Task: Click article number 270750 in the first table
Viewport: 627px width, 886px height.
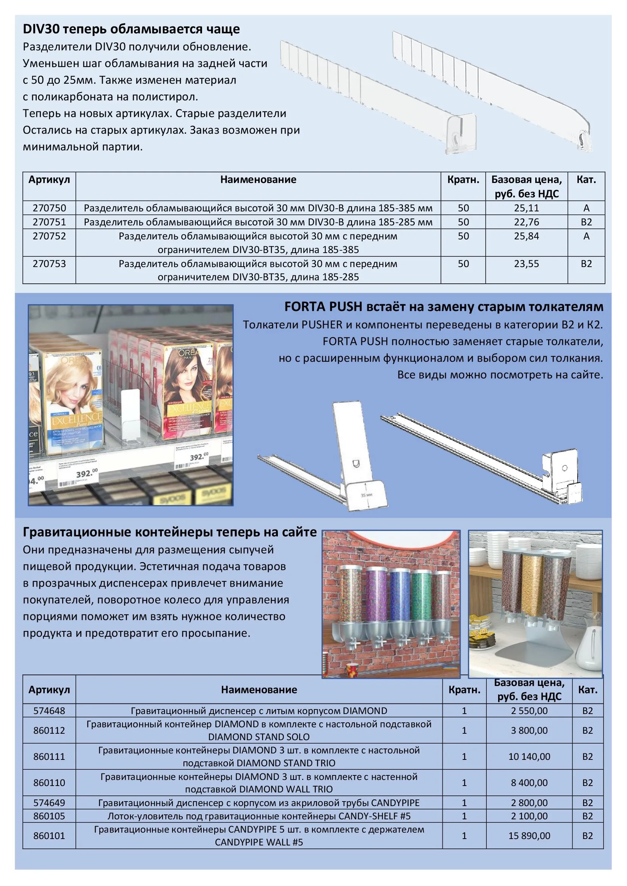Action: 49,208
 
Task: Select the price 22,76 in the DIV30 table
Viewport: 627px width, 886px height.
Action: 526,222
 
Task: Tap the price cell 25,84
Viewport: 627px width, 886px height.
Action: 526,236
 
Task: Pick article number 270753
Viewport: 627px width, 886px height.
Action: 49,264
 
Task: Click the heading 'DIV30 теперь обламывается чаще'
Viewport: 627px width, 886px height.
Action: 131,29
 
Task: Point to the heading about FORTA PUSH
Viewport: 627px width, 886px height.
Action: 444,307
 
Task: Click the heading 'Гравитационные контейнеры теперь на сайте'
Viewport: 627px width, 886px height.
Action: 169,532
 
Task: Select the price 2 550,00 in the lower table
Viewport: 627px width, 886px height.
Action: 529,711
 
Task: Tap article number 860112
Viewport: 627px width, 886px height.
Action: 49,730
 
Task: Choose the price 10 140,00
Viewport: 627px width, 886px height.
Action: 529,757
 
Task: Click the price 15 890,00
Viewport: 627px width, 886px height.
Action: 529,836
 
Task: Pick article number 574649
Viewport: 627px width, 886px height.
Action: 49,803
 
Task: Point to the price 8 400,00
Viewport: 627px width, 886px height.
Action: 529,783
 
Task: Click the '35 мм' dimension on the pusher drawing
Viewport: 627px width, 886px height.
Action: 367,495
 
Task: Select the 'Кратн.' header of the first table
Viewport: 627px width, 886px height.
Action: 463,180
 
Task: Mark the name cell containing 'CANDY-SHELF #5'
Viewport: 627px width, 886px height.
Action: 259,816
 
